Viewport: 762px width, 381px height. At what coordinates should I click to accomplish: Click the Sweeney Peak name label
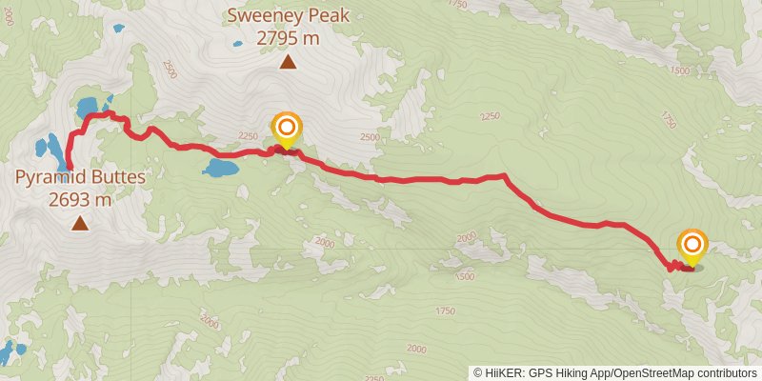[x=288, y=15]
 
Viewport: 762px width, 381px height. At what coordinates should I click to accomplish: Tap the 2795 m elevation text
[x=288, y=38]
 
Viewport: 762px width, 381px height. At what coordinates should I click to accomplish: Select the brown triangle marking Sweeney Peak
[x=288, y=64]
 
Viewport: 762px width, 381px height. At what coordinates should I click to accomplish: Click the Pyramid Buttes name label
[x=80, y=177]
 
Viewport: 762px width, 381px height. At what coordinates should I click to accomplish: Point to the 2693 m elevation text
[x=80, y=200]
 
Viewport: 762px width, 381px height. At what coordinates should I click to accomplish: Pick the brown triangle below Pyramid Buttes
[x=80, y=224]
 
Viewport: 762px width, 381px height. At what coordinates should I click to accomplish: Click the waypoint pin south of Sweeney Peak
[x=286, y=130]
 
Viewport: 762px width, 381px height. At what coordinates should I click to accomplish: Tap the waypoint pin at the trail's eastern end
[x=692, y=246]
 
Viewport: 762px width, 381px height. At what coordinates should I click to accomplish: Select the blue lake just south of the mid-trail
[x=220, y=170]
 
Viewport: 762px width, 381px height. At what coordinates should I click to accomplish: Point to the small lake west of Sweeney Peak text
[x=118, y=29]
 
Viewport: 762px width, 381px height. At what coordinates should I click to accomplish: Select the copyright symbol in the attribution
[x=477, y=373]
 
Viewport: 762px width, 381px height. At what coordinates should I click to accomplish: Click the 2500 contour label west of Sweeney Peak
[x=170, y=69]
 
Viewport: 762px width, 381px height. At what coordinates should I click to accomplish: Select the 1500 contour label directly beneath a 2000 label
[x=465, y=276]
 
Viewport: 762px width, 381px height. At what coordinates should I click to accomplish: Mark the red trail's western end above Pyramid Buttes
[x=70, y=169]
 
